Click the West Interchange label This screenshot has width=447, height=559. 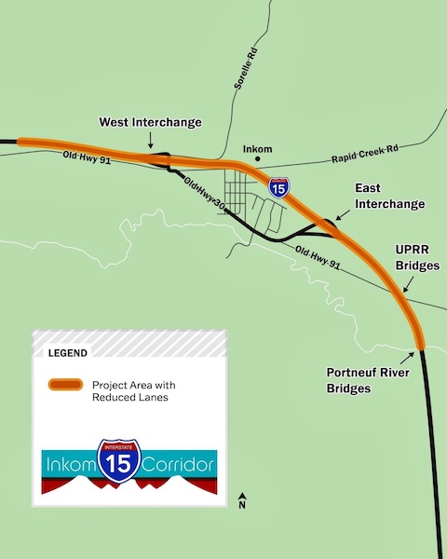(151, 123)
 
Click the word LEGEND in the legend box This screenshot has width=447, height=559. (67, 354)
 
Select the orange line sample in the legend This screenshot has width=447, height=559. (65, 386)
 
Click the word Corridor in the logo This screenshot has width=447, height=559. (178, 463)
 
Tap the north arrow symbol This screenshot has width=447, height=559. (242, 499)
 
